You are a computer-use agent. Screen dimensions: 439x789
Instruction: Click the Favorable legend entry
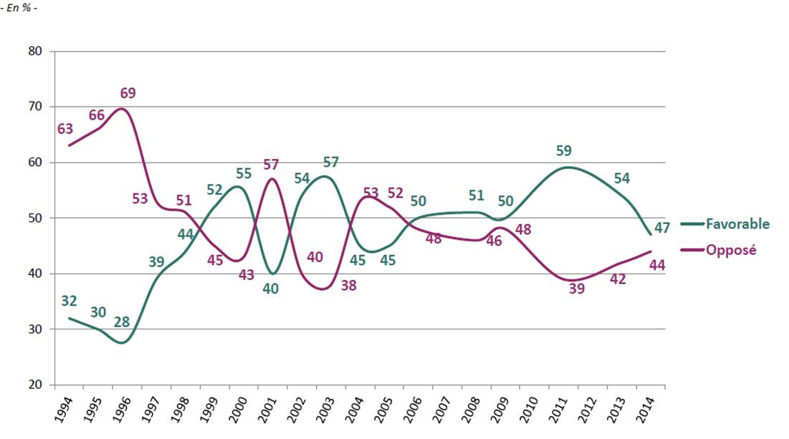(738, 223)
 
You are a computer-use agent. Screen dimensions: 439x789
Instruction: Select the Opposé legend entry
(731, 250)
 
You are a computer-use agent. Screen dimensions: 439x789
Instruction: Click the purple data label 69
(128, 93)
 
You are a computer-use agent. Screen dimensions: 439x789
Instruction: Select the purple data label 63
(66, 129)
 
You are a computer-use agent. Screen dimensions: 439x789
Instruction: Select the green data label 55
(244, 173)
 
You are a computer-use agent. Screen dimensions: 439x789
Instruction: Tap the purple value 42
(618, 280)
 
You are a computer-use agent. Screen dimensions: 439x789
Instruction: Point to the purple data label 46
(494, 241)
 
